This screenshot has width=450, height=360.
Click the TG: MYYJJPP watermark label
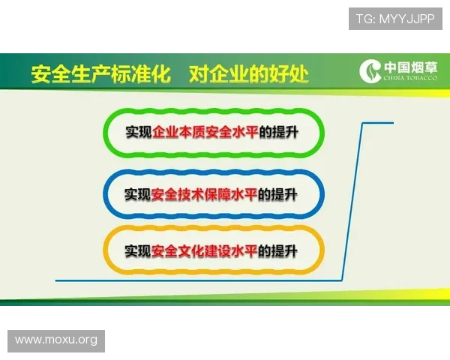tap(395, 19)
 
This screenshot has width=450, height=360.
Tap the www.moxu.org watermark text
tap(56, 340)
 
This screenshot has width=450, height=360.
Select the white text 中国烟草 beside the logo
tap(412, 67)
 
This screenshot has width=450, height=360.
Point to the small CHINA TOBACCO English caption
tap(412, 79)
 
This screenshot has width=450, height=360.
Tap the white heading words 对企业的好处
tap(248, 74)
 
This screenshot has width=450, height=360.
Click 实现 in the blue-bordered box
tap(139, 194)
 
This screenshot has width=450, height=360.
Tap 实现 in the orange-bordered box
tap(139, 250)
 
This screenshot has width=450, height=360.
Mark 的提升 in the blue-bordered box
tap(278, 194)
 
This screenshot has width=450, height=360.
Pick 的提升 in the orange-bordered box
tap(278, 250)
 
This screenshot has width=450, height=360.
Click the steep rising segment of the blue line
tap(353, 202)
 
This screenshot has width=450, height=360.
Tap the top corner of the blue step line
tap(364, 123)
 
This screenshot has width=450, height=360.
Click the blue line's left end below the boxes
tap(57, 281)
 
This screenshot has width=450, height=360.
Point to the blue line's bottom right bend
tap(343, 281)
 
